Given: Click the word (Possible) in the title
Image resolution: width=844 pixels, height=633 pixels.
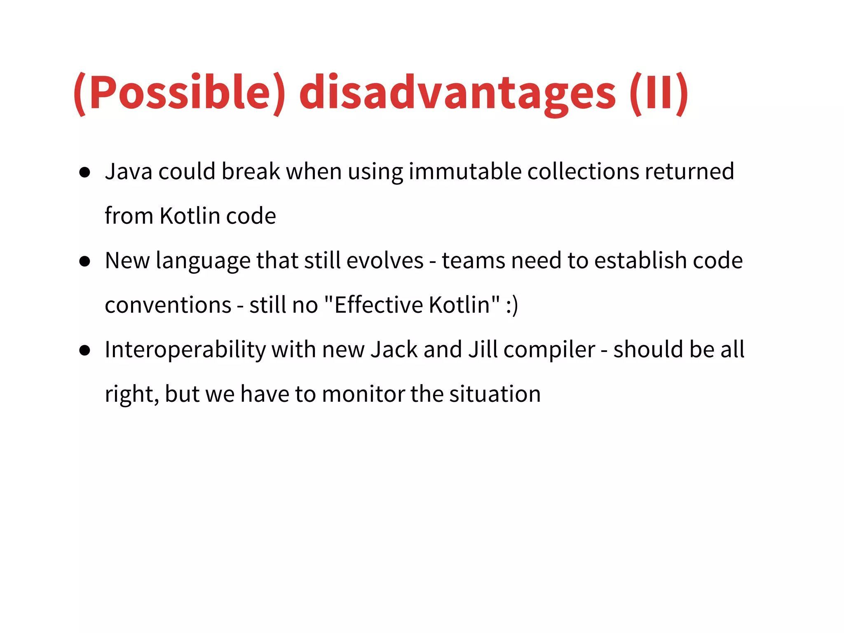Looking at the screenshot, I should coord(180,93).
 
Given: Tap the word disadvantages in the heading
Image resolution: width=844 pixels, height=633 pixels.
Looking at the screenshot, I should coord(457,93).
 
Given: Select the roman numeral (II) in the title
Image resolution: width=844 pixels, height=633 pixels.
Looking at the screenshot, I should coord(659,93).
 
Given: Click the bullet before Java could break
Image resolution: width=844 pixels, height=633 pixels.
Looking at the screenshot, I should coord(85,172).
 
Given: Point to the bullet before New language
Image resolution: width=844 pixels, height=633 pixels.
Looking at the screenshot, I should coord(85,261).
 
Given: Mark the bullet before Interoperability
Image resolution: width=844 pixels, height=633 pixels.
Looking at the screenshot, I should coord(85,350).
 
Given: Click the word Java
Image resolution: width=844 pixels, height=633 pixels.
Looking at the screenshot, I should coord(129,171).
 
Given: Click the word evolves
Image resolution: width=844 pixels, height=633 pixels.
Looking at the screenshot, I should coord(385,260).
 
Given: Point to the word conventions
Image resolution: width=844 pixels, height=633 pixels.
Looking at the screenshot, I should coord(168,305).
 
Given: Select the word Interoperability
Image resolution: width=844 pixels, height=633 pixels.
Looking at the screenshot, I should coord(185,350).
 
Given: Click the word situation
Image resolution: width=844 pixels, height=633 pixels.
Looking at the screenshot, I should coord(495,394).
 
